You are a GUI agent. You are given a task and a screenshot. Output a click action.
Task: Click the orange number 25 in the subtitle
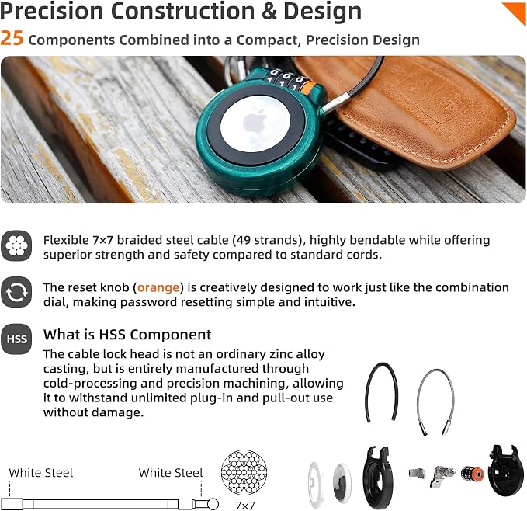point(12,39)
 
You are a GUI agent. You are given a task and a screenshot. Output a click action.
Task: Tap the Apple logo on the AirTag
point(255,122)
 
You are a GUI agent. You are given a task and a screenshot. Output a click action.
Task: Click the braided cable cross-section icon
point(16,245)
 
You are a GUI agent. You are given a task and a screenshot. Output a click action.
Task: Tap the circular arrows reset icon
point(16,292)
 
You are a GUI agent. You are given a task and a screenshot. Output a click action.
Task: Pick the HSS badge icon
point(16,339)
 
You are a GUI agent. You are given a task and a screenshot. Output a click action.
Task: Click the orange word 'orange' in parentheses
point(158,287)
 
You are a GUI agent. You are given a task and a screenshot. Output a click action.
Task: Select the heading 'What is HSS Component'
point(127,335)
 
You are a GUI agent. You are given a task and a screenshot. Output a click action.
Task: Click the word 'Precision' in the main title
point(52,11)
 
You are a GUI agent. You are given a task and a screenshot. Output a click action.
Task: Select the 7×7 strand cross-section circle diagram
point(244,472)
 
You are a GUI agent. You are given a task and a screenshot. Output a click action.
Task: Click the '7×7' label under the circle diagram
point(245,506)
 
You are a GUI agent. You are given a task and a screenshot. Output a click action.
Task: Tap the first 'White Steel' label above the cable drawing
point(41,473)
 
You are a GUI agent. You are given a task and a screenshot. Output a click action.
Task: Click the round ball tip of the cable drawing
point(213,504)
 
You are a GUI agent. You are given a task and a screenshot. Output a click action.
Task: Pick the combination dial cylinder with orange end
point(472,474)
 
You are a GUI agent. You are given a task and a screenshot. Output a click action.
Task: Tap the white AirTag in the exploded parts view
point(342,483)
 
